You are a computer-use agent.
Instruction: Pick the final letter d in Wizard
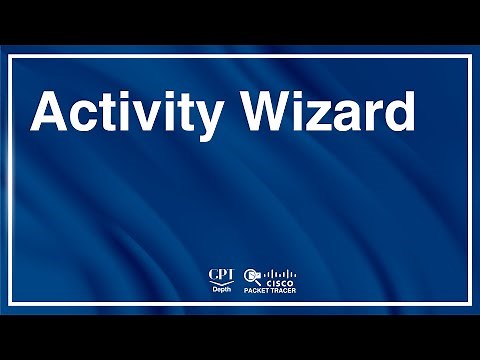point(398,112)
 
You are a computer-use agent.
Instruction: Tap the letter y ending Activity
point(207,120)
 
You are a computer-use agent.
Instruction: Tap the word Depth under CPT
point(220,287)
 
